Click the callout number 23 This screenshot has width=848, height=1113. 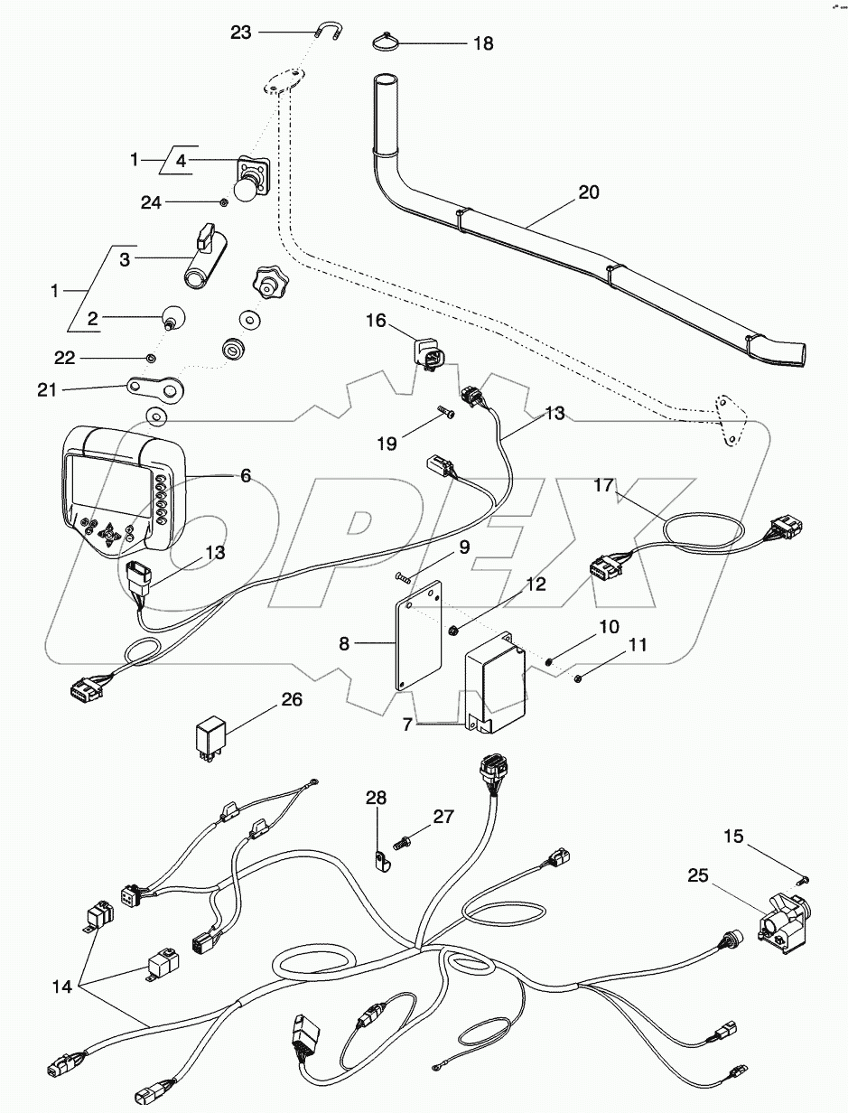240,32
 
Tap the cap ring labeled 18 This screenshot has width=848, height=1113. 387,41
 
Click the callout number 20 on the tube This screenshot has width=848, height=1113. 588,192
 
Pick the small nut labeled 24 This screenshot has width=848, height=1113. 221,202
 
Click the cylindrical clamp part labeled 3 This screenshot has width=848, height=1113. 206,262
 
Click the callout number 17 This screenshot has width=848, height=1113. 603,485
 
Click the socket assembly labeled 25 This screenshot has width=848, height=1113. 776,922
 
